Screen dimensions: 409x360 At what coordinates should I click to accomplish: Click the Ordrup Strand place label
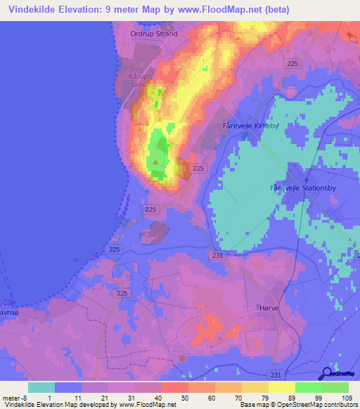(154, 33)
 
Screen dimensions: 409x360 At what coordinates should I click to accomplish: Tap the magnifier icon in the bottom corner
(328, 374)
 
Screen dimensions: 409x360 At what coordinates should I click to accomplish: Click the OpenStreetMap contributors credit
(323, 404)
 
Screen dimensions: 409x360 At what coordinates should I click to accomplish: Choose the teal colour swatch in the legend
(41, 387)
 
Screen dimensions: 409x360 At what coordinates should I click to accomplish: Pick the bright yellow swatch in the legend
(281, 387)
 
